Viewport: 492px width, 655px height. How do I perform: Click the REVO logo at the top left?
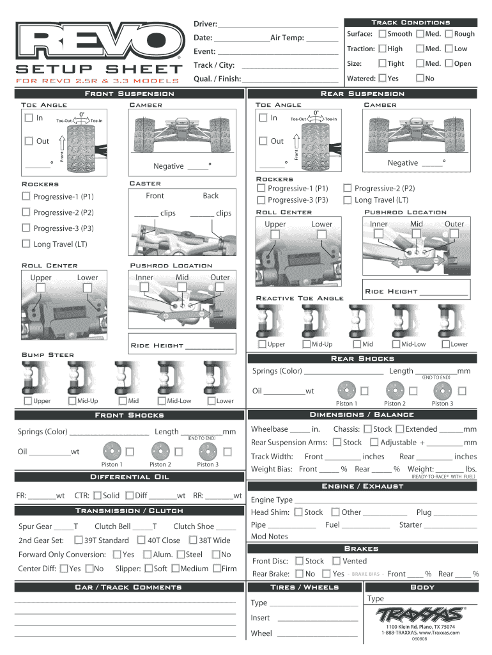coord(98,43)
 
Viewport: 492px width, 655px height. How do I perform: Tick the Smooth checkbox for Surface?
coord(382,33)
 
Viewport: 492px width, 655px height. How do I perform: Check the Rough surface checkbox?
coord(449,33)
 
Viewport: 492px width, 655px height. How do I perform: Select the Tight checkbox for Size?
coord(382,63)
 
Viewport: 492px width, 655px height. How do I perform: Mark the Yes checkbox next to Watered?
coord(382,78)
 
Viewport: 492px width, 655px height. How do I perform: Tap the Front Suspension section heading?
coord(129,93)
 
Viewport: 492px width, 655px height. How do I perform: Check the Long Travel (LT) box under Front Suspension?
coord(26,244)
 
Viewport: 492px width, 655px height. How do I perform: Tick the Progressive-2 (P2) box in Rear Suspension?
coord(348,188)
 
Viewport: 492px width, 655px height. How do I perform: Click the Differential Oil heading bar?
coord(129,477)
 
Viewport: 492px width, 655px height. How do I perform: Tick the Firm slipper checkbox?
coord(217,569)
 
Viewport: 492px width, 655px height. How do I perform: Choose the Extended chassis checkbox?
coord(400,429)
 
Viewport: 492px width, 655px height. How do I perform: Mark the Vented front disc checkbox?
coord(336,560)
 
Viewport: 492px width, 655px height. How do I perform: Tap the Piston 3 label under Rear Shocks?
coord(442,404)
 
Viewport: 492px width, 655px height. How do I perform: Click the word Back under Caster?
coord(211,196)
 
